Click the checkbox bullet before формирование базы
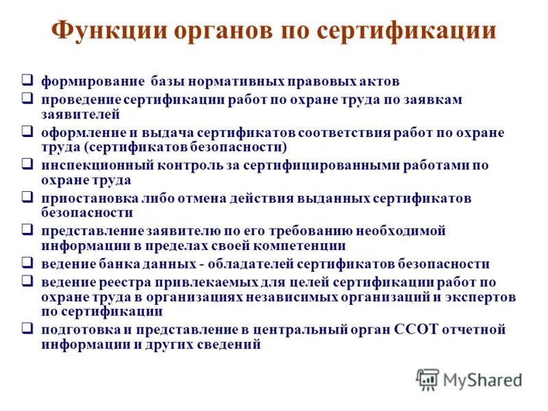[x=27, y=80]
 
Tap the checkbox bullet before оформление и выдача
[x=27, y=131]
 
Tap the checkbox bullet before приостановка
[x=27, y=197]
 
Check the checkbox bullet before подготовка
[x=27, y=329]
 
